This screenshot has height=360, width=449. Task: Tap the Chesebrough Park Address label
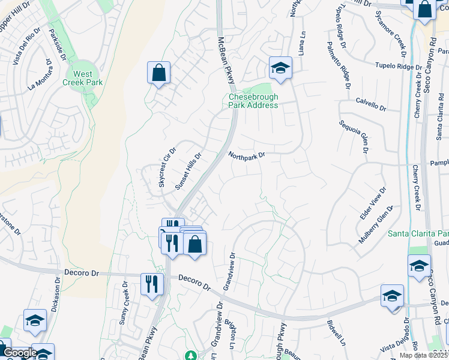(253, 101)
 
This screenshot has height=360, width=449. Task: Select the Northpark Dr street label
(246, 155)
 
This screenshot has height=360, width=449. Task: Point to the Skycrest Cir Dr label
(167, 167)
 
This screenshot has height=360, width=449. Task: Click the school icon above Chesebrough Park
(280, 70)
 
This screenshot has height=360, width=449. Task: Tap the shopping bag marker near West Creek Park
(158, 74)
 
